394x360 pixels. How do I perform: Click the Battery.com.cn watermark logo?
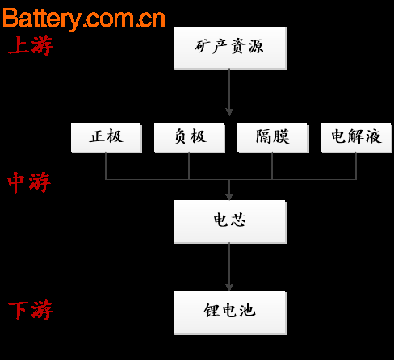tap(84, 19)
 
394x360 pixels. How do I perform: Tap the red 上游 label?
tap(31, 45)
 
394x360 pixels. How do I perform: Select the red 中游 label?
tap(29, 182)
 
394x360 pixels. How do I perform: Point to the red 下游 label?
tap(31, 311)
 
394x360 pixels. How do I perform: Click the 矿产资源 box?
tap(230, 48)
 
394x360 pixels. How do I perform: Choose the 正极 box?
tap(107, 138)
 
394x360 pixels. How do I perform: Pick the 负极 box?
tap(190, 138)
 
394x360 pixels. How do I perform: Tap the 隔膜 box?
tap(273, 138)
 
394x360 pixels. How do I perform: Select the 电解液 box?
tap(357, 138)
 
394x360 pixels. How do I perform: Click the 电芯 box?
tap(230, 222)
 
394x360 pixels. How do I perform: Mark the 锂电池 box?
tap(230, 312)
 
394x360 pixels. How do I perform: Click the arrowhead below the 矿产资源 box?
tap(229, 112)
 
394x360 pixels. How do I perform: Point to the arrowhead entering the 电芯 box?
tap(229, 197)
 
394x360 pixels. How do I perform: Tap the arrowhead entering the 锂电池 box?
tap(229, 287)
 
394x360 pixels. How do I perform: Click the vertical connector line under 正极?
tap(106, 166)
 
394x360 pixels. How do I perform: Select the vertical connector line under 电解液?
tap(356, 166)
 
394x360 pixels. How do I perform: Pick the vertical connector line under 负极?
tap(189, 166)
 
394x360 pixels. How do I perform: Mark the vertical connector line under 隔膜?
tap(272, 166)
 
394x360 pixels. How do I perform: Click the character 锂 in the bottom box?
tap(212, 310)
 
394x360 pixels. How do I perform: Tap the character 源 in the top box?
tap(256, 46)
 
